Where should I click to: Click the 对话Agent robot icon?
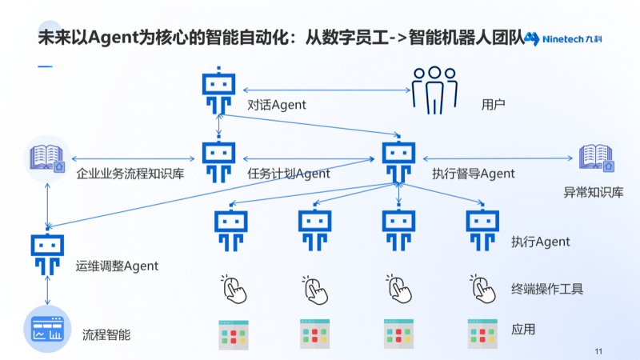(218, 90)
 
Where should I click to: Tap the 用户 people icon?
(434, 90)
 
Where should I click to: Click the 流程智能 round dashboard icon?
(47, 329)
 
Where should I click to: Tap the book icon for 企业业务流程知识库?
(47, 158)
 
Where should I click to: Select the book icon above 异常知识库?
(596, 158)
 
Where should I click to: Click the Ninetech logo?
(563, 38)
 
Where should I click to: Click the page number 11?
(598, 351)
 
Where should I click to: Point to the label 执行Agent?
(541, 242)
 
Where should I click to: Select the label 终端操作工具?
(547, 289)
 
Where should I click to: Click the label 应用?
(523, 329)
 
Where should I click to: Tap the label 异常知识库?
(594, 192)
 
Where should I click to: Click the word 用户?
(493, 105)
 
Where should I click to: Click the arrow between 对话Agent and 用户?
(326, 90)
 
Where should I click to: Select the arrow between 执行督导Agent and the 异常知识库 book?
(498, 158)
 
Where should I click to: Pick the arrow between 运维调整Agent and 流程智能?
(47, 290)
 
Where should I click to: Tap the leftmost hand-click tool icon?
(234, 289)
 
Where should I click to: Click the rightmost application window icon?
(482, 334)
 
